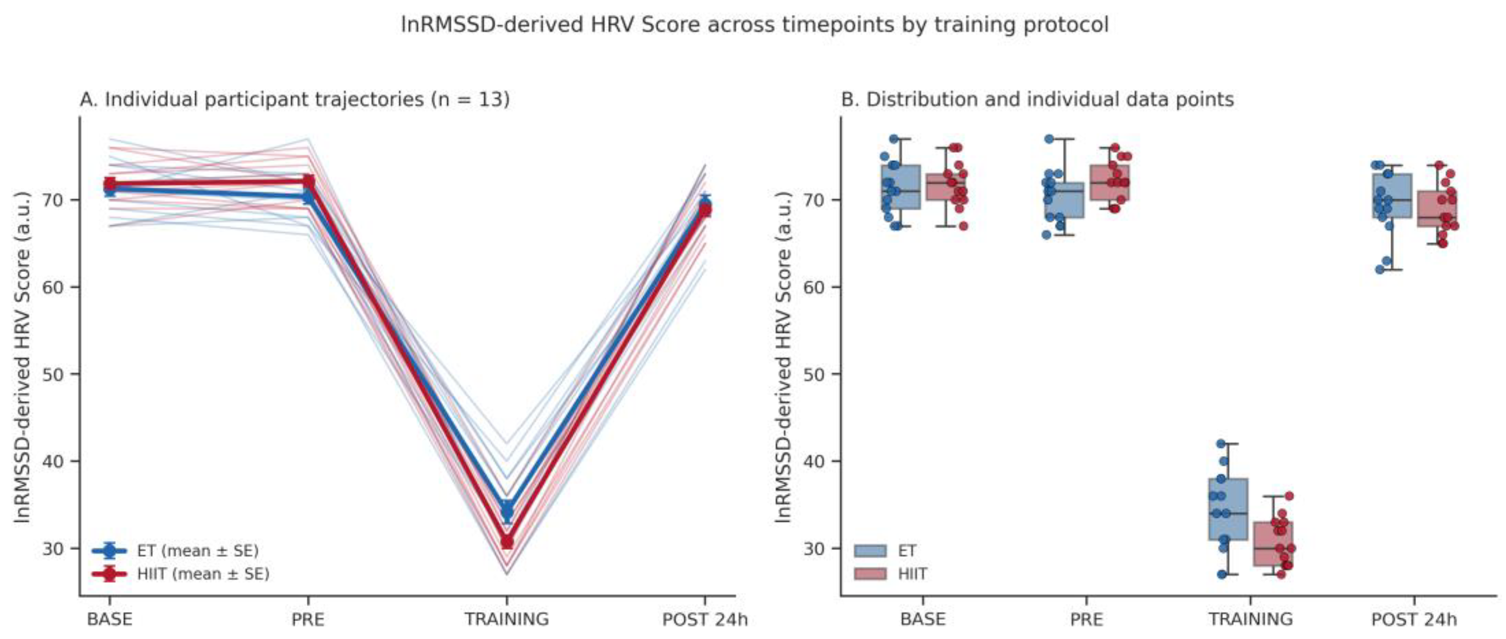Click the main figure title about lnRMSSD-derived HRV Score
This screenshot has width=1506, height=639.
[755, 25]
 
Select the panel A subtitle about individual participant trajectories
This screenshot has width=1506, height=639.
[294, 100]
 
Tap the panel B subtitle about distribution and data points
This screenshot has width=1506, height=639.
[1037, 100]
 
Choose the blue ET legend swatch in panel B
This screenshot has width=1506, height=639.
[870, 551]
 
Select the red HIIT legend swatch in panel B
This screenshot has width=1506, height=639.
[870, 574]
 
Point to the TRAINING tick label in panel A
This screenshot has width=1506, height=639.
[507, 619]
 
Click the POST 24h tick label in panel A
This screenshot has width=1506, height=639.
[704, 619]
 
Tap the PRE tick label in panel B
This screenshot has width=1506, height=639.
[1086, 619]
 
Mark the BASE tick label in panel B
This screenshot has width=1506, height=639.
[923, 619]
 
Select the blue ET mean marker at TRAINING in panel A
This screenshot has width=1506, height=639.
[507, 510]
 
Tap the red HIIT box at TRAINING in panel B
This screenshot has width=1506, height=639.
[1273, 544]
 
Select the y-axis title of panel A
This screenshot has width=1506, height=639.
[22, 357]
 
